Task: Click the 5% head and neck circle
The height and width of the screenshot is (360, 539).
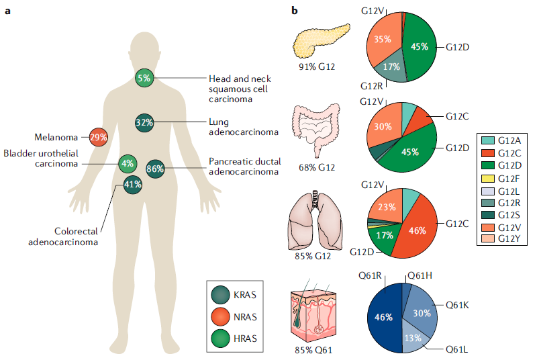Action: (144, 79)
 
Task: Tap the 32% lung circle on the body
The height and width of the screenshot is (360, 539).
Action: (144, 123)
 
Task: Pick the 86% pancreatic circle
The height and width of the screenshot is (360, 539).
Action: (155, 169)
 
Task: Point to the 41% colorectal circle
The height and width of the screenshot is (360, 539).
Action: (132, 185)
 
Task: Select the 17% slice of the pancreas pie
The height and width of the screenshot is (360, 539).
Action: (391, 67)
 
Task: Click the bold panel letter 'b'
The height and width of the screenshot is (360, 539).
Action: (294, 11)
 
